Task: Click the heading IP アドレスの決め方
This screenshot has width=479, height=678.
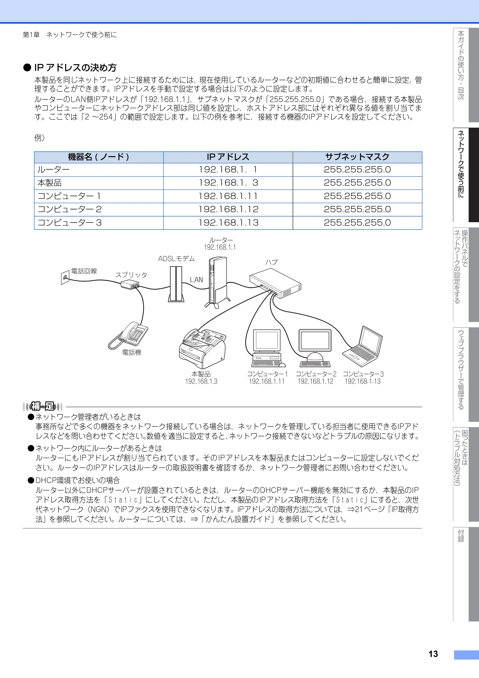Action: (x=75, y=68)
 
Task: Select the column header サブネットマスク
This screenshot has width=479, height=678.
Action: (x=357, y=157)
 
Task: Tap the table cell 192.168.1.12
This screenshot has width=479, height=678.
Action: (x=228, y=209)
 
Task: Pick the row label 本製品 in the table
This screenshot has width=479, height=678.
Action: (x=49, y=183)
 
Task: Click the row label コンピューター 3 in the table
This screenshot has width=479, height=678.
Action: (x=69, y=223)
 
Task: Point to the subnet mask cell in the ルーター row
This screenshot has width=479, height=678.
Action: (x=357, y=170)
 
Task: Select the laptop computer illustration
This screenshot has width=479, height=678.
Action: (x=363, y=346)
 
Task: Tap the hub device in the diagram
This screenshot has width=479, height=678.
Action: (x=275, y=283)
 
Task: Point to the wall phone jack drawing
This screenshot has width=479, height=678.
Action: (x=65, y=278)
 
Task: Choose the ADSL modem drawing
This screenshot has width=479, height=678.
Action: (x=176, y=284)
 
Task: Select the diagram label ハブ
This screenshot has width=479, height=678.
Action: (x=271, y=262)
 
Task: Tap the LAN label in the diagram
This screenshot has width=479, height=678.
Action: (x=196, y=280)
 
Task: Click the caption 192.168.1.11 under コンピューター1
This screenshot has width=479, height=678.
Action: (x=267, y=381)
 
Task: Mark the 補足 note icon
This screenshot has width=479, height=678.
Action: (x=43, y=406)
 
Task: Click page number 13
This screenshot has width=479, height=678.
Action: (x=433, y=654)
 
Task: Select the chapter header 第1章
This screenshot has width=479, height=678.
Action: (x=31, y=35)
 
